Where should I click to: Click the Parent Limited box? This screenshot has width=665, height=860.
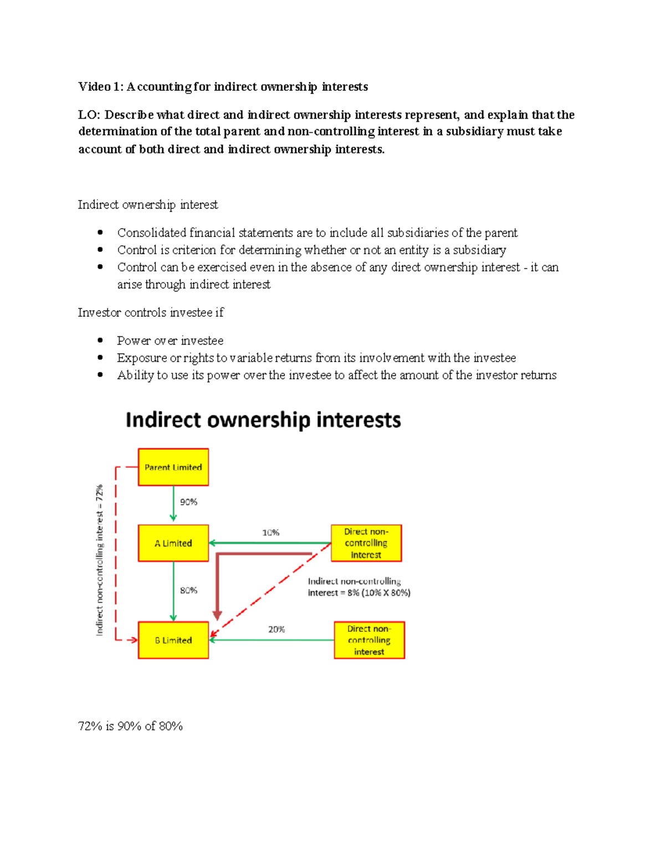click(173, 467)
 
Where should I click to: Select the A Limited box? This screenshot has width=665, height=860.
click(173, 543)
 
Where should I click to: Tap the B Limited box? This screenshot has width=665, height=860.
click(173, 640)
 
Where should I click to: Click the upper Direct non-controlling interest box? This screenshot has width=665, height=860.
click(366, 543)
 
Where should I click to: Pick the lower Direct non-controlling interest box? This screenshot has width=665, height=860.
click(369, 640)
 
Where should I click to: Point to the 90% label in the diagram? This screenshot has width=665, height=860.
click(188, 502)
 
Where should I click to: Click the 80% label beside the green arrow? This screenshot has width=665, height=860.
click(188, 590)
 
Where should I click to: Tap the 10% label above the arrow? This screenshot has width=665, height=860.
click(270, 533)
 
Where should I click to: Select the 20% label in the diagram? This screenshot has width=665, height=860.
click(277, 630)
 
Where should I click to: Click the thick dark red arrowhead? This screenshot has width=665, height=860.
click(217, 615)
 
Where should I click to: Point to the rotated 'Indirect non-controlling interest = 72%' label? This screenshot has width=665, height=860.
click(100, 560)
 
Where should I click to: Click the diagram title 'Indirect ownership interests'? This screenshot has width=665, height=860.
click(263, 420)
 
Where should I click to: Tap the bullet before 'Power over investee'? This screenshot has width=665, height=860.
click(100, 341)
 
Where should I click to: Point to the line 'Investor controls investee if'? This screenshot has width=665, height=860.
click(151, 313)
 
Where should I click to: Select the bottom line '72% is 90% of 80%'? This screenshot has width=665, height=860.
click(130, 726)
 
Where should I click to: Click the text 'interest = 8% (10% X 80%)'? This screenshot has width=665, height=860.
click(359, 593)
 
